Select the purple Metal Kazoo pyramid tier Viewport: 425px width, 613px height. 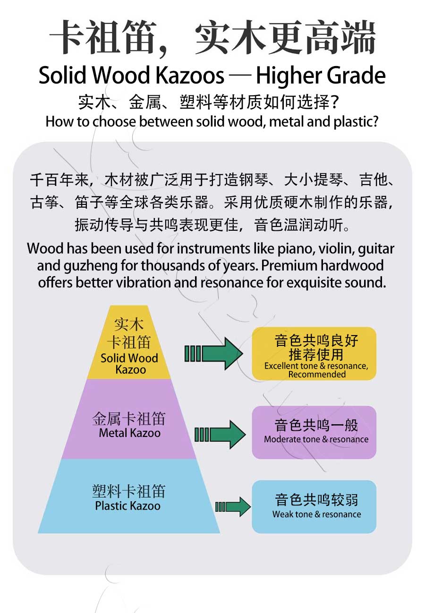(129, 419)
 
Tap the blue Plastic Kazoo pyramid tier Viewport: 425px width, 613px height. (129, 496)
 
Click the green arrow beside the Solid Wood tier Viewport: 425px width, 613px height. (213, 353)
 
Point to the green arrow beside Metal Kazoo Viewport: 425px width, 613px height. (220, 434)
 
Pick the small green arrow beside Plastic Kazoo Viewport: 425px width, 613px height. (233, 507)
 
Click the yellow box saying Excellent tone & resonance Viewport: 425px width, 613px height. (314, 353)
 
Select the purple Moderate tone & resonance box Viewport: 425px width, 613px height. (314, 432)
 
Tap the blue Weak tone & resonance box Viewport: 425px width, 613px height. (314, 507)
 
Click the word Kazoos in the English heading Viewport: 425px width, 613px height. (190, 76)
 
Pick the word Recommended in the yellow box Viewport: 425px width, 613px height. (317, 374)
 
